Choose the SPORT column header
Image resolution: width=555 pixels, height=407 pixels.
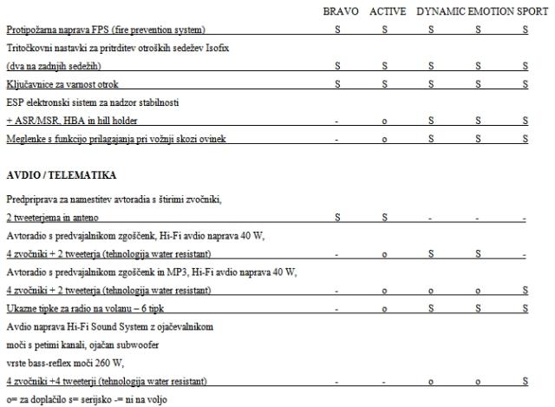tap(533, 12)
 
